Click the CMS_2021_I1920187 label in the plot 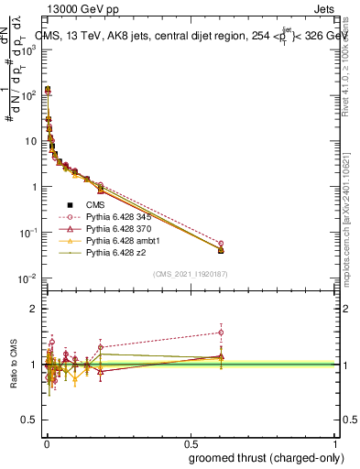click(x=191, y=273)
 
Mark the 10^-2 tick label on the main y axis click(x=26, y=278)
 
